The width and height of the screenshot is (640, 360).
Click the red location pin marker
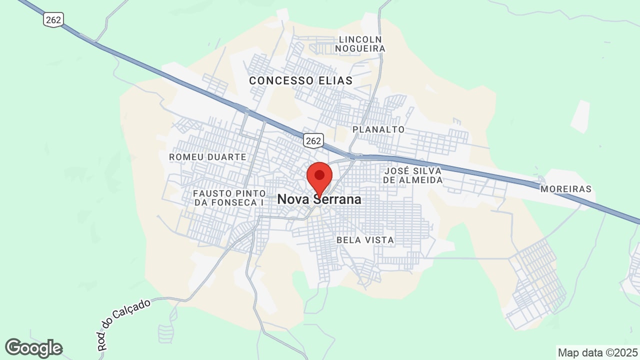tap(319, 176)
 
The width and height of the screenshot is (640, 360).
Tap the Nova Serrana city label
tap(319, 199)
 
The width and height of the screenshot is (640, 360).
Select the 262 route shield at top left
tap(52, 20)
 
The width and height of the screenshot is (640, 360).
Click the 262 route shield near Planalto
tap(313, 141)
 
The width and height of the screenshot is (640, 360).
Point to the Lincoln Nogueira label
tap(360, 44)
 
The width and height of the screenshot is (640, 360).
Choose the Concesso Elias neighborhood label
tap(300, 80)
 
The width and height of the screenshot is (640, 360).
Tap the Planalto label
tap(378, 129)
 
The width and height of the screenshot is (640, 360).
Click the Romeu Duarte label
tap(207, 157)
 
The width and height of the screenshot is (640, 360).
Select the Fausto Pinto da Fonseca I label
tap(229, 197)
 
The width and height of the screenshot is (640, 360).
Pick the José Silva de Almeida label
tap(413, 175)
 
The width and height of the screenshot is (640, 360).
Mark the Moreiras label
tap(565, 189)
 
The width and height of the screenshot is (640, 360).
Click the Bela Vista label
tap(365, 240)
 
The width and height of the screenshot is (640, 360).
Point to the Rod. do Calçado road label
tap(123, 324)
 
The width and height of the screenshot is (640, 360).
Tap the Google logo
tap(33, 348)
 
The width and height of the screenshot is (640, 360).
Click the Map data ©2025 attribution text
tap(597, 352)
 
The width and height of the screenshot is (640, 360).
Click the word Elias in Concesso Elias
tap(335, 80)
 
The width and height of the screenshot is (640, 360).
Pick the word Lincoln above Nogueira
tap(360, 39)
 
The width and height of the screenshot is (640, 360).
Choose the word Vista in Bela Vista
tap(380, 240)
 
